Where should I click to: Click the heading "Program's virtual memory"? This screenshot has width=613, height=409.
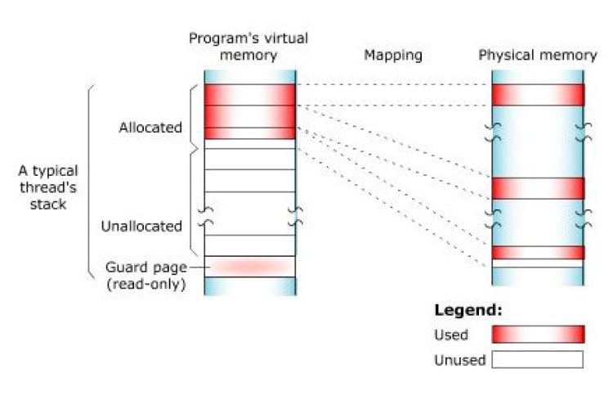(x=234, y=47)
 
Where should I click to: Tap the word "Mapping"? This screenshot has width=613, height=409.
(x=393, y=56)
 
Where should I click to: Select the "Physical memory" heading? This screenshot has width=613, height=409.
(x=537, y=56)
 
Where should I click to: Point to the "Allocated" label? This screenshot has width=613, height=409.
(x=150, y=128)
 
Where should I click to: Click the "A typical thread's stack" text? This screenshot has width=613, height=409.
(x=49, y=187)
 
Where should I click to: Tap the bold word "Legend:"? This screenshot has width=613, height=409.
(x=468, y=311)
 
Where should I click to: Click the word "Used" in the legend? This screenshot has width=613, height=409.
(x=452, y=335)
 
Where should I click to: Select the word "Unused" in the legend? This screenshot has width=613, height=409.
(x=460, y=360)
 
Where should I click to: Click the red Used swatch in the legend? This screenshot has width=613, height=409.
(x=538, y=334)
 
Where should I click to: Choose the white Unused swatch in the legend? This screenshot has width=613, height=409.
(x=538, y=360)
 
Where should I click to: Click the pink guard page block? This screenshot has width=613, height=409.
(x=249, y=267)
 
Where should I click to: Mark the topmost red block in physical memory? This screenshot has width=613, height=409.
(x=538, y=94)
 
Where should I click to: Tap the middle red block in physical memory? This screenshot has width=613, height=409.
(x=538, y=188)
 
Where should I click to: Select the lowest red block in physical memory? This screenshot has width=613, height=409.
(x=538, y=252)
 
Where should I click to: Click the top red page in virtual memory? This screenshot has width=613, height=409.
(x=249, y=94)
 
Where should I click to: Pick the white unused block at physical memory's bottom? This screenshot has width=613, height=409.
(x=538, y=263)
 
